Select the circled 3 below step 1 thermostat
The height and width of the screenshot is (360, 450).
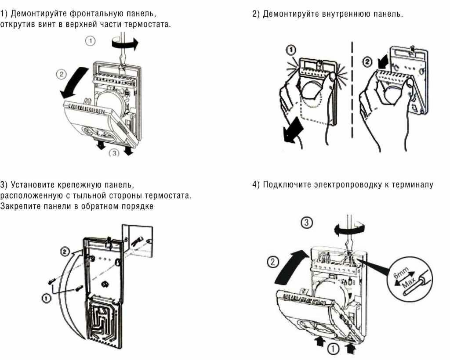point(113,153)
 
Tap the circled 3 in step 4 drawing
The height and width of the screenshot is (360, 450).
point(308,224)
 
